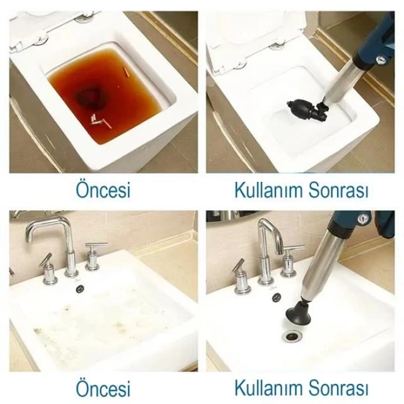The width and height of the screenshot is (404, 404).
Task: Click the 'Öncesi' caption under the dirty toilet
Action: pos(103,190)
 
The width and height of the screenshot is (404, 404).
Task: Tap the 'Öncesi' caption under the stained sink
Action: pos(103,388)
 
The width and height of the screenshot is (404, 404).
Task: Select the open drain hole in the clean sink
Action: pos(292,336)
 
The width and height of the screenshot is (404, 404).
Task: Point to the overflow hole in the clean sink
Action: pos(276,297)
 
